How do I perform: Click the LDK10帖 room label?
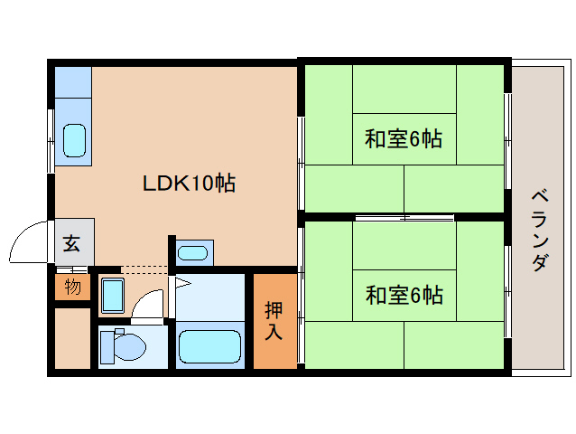pos(190,184)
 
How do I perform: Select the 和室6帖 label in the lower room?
pos(404,295)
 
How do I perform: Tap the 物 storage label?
pos(72,288)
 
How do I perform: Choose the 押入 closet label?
pos(274,320)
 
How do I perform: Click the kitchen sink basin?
pos(74,141)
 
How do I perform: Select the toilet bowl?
pos(124,344)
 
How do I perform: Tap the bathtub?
pos(209,347)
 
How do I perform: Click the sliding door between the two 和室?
pos(404,217)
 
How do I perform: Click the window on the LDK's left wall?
pos(51,139)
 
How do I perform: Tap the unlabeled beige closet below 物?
pos(72,338)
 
